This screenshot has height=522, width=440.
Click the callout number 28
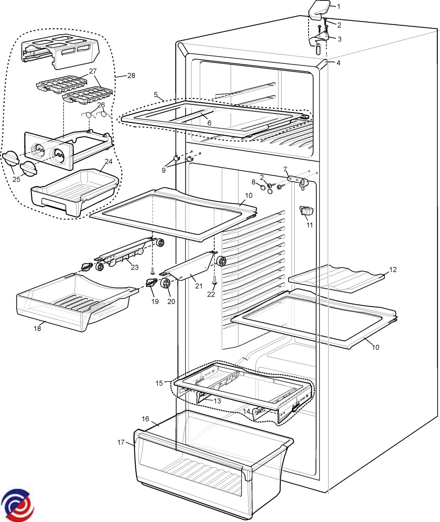pos(131,76)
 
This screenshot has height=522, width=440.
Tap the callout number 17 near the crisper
pos(121,442)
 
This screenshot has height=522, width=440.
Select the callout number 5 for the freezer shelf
pos(155,94)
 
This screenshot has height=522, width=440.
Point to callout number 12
pos(393,270)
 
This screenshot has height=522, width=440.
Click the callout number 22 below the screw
pos(211,294)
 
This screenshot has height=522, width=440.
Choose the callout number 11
pos(309,225)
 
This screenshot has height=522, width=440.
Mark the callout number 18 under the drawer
pos(37,328)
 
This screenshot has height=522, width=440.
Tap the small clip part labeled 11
pos(306,211)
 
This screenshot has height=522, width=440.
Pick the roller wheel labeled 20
pos(165,284)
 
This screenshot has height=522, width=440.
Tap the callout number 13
pos(217,401)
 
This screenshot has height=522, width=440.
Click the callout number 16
pos(145,419)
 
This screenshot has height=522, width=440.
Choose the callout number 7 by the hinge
pos(285,168)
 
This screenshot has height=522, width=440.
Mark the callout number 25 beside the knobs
pos(16,179)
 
